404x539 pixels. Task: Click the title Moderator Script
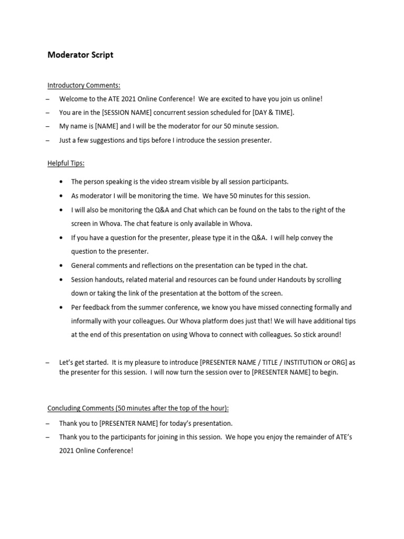(x=80, y=55)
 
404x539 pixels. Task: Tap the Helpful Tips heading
(x=66, y=164)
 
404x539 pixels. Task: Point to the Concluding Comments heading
(x=138, y=408)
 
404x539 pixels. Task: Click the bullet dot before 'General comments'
(x=62, y=266)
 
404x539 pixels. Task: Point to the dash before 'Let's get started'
(x=48, y=363)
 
